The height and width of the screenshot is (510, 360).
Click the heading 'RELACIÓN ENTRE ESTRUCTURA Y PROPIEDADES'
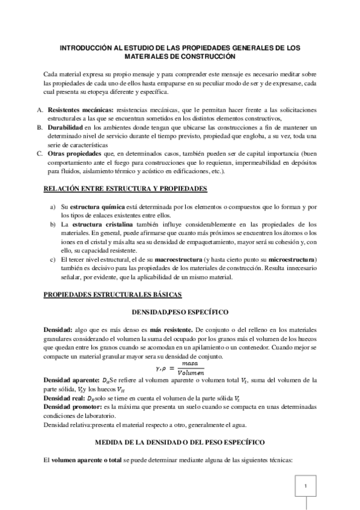click(x=125, y=189)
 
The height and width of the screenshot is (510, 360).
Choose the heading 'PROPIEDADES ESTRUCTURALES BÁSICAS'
click(x=109, y=294)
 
